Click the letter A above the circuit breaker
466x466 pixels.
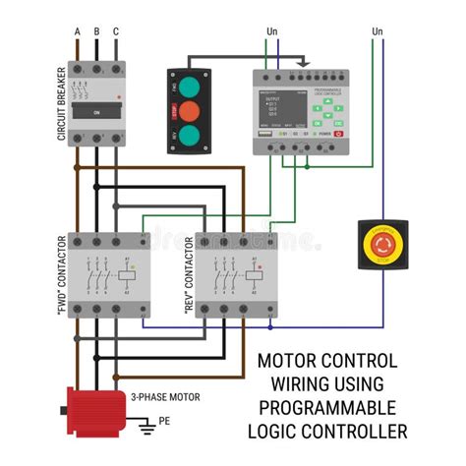77,31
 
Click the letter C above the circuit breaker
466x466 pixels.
116,31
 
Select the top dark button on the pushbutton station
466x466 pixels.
193,86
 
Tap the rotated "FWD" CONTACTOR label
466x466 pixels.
61,275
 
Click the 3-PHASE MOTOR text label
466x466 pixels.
166,397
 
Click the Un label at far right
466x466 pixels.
378,31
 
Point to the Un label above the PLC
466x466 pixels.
272,31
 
